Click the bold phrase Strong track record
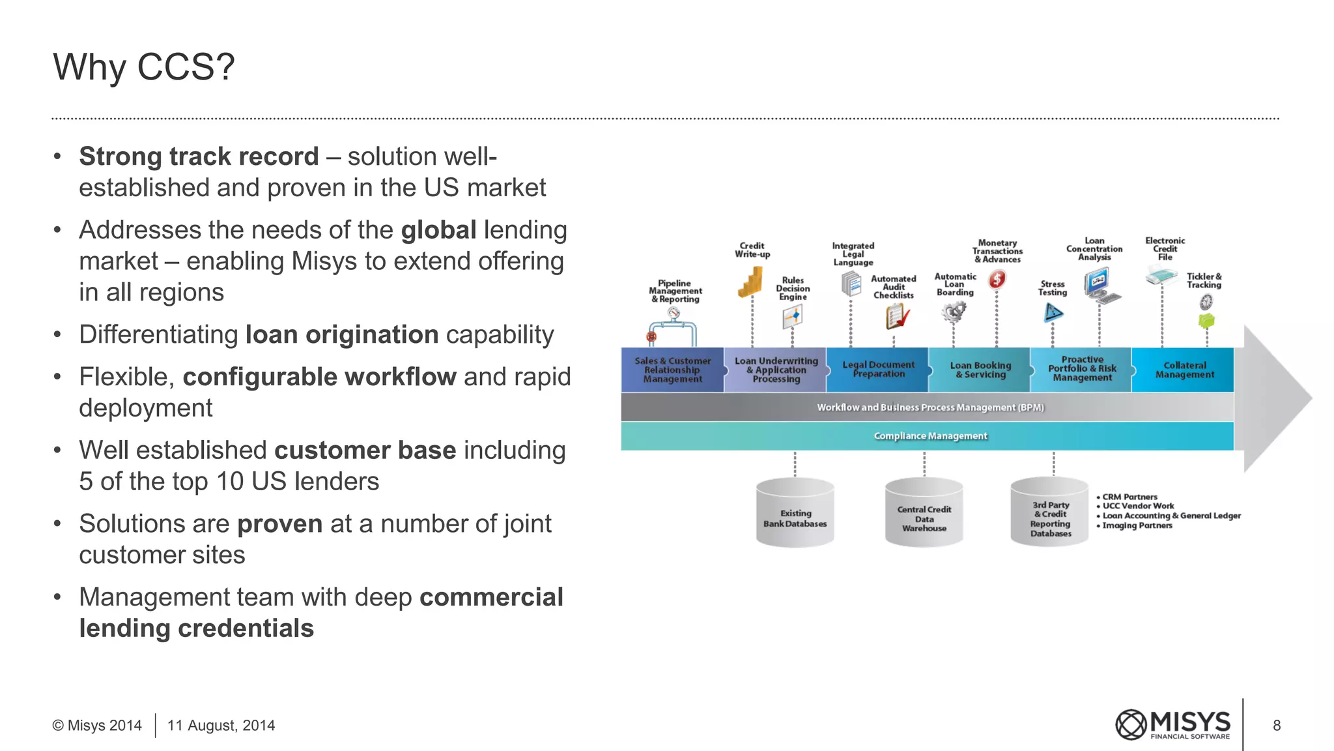(x=199, y=157)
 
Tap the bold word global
(x=438, y=231)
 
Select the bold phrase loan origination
(x=342, y=335)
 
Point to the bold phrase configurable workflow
(x=319, y=377)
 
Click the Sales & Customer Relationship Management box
(x=672, y=370)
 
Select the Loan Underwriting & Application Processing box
(x=775, y=370)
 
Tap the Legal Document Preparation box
(x=877, y=370)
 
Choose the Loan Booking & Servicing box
(x=980, y=370)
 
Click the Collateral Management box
(x=1184, y=370)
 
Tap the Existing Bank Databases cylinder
(x=795, y=514)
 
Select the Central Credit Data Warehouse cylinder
(x=924, y=514)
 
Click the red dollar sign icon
(x=997, y=280)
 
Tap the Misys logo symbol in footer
(x=1131, y=725)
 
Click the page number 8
(x=1277, y=726)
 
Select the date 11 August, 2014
(x=221, y=726)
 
